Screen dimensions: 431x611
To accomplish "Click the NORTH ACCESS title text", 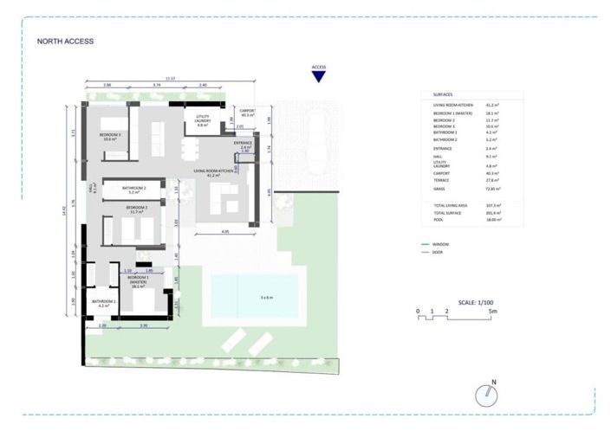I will [x=65, y=41].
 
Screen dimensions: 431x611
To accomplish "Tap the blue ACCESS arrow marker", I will [x=319, y=76].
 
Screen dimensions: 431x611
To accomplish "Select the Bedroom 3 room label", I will [x=109, y=137].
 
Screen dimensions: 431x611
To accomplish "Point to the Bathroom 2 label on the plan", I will [x=133, y=190].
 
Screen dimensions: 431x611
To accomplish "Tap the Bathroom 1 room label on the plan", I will [x=105, y=303].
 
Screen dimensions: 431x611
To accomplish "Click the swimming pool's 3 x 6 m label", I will [x=266, y=298].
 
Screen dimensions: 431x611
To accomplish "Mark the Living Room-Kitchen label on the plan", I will [x=214, y=173].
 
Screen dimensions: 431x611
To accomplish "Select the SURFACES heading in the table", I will [x=442, y=94].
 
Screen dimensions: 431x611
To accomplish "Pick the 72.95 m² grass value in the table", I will [x=493, y=188].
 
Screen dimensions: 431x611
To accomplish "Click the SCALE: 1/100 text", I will [x=477, y=302].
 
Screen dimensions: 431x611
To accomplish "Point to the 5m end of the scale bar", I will [x=491, y=310].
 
